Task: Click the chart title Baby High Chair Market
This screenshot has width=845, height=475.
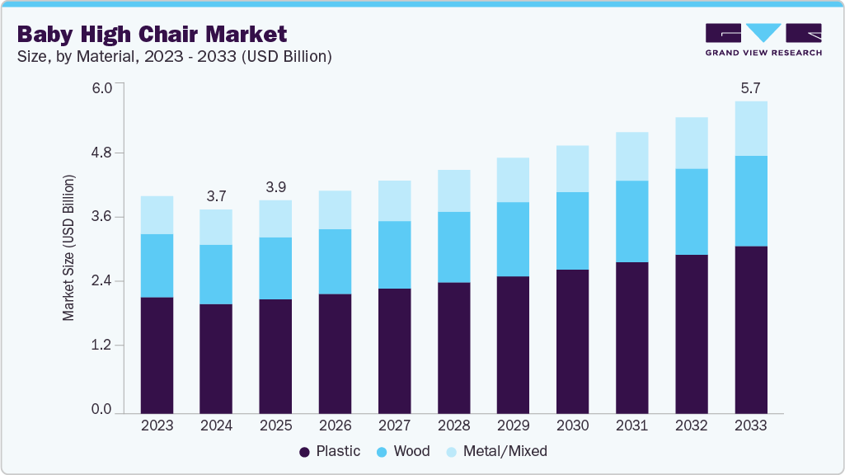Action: (153, 34)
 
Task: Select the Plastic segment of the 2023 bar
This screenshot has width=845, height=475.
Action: (157, 355)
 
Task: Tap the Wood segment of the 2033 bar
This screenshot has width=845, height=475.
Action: (751, 200)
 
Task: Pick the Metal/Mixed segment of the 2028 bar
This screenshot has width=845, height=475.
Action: (453, 190)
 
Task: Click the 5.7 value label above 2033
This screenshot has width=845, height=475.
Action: (751, 87)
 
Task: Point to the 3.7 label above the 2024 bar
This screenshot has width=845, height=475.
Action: (216, 195)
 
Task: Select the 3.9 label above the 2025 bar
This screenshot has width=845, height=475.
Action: (275, 186)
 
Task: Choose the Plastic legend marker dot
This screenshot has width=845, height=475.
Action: (304, 452)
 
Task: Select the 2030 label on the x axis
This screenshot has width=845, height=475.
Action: (572, 426)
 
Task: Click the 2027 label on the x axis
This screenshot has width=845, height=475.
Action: (394, 426)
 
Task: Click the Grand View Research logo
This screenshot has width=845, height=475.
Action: (763, 40)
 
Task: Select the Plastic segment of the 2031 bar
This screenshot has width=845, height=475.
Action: (631, 337)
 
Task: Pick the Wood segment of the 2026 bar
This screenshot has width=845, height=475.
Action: (335, 261)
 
